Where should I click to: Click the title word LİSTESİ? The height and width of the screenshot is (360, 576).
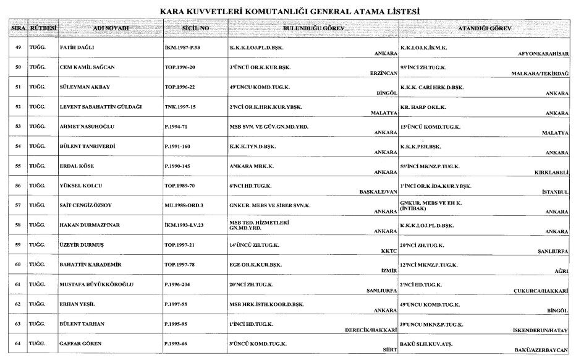398,11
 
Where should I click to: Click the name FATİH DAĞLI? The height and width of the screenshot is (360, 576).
77,47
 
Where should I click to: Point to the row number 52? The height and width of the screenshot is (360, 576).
19,106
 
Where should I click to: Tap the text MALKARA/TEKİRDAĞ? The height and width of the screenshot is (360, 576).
539,73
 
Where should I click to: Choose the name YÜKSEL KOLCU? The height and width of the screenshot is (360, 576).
82,186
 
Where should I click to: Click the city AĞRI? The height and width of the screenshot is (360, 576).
561,271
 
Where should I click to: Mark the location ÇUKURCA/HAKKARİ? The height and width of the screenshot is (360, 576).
541,291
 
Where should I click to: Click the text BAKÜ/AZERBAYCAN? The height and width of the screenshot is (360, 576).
541,350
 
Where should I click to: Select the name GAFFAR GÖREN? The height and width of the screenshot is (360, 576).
80,343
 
